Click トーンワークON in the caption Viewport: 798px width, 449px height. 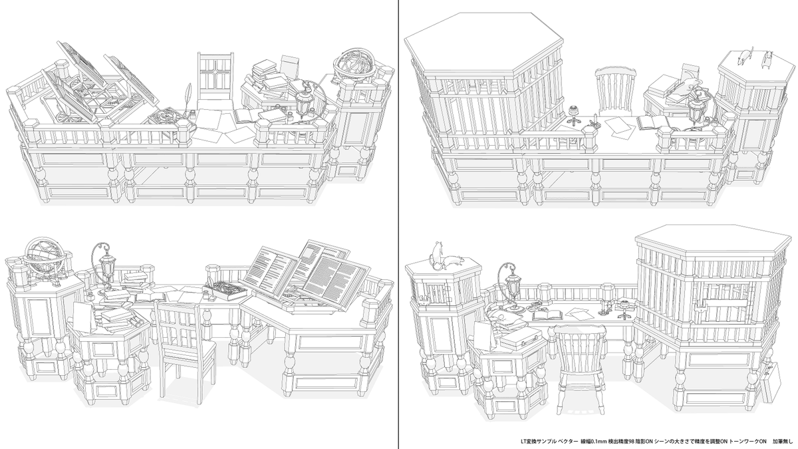point(748,441)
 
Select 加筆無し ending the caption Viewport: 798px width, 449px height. point(783,441)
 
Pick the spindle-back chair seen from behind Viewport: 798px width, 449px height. point(579,363)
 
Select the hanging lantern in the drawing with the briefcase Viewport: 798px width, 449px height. point(513,283)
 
